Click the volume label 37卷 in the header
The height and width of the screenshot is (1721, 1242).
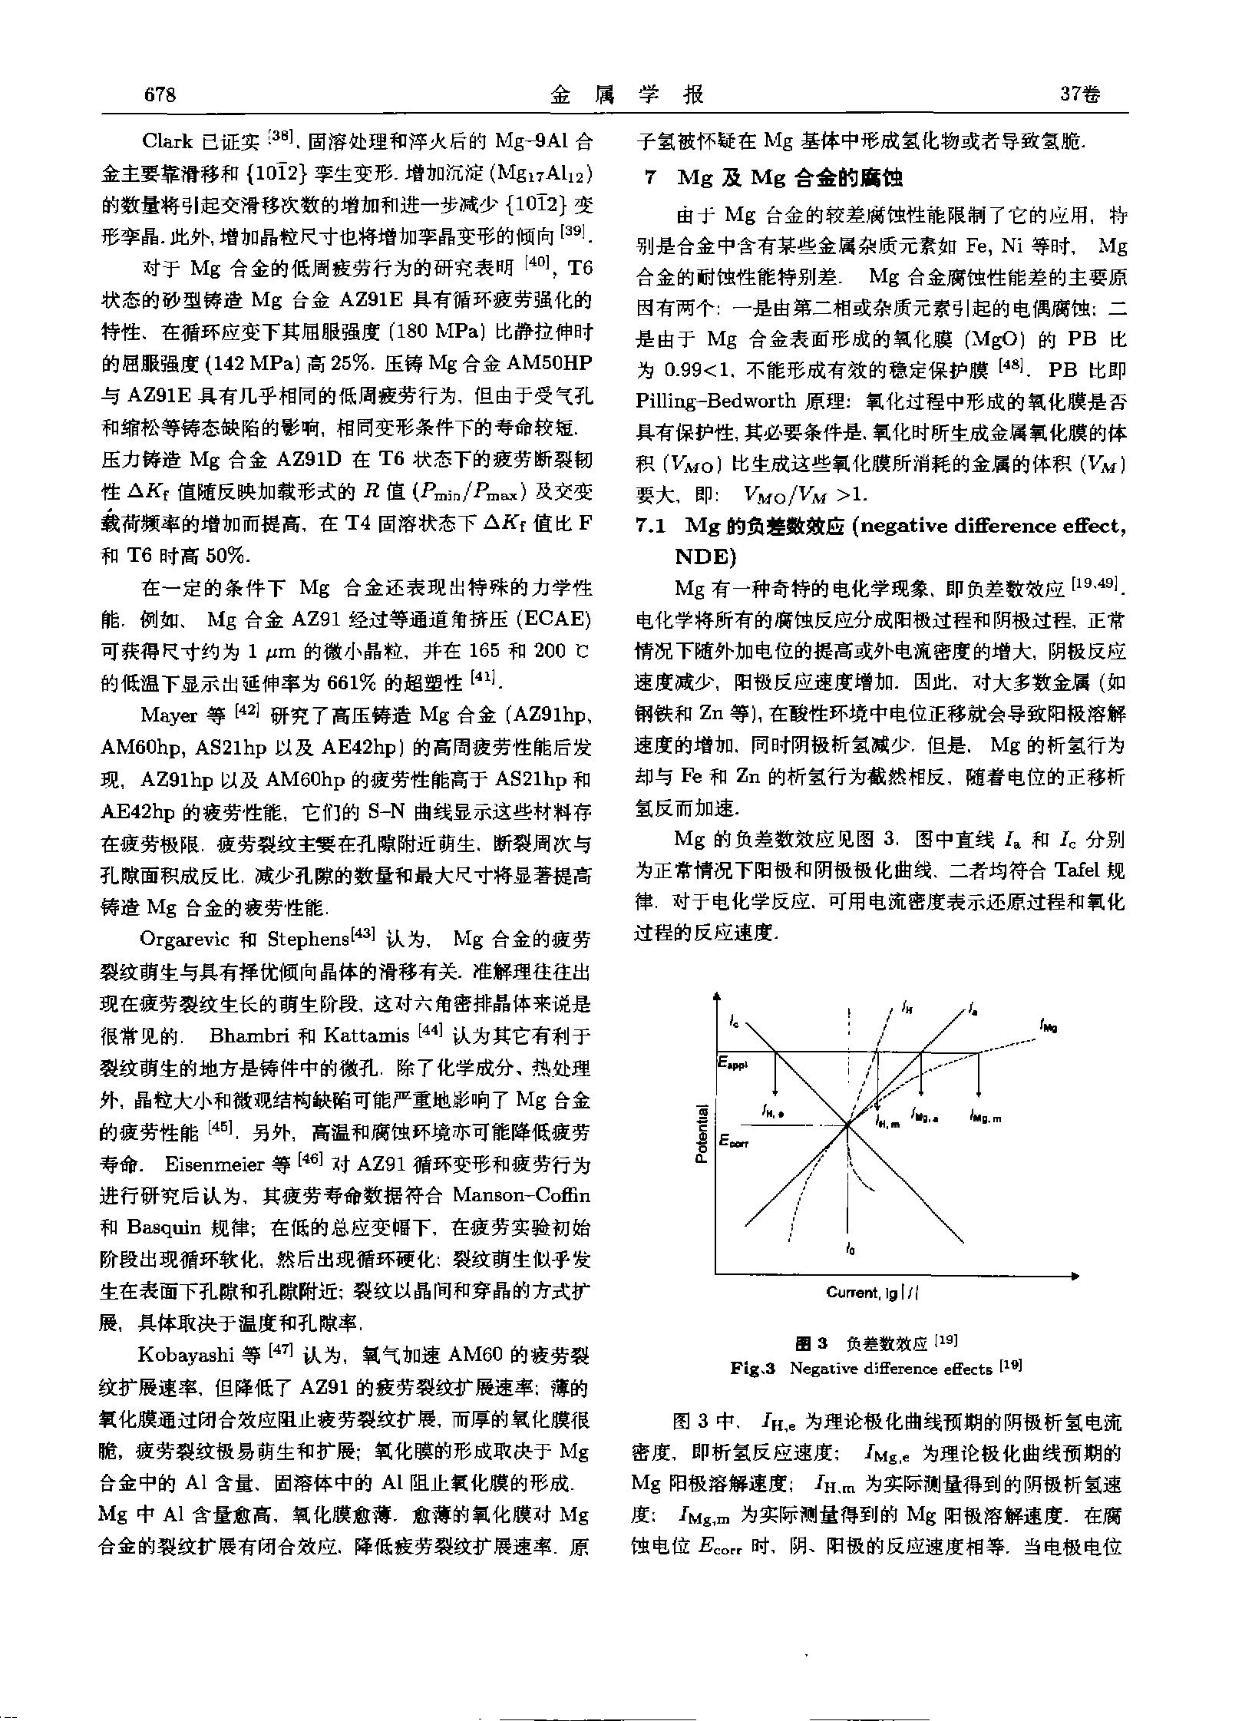coord(1078,94)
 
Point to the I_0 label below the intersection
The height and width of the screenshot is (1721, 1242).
coord(849,1250)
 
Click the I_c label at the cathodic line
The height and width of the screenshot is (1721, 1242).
coord(735,1022)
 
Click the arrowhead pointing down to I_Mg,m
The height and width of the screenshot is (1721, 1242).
coord(979,1094)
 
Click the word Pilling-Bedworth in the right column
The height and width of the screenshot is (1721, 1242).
coord(709,401)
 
